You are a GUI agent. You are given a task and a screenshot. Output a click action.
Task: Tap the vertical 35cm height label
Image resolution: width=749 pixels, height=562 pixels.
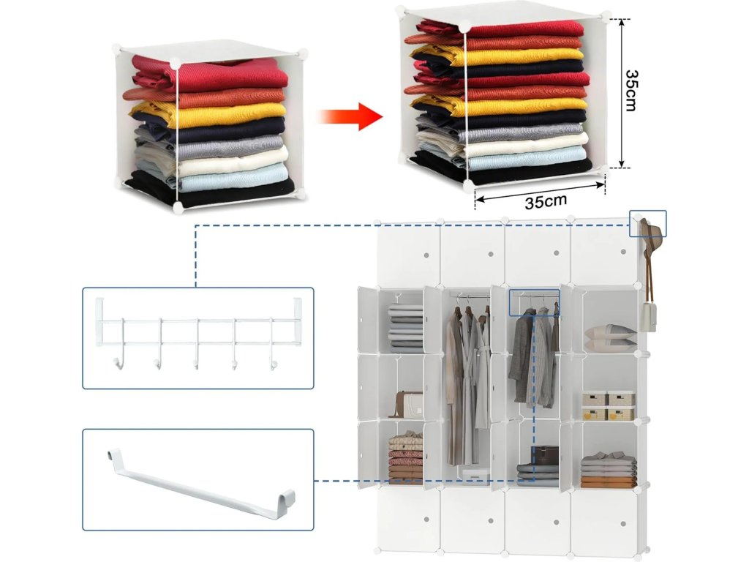point(631,90)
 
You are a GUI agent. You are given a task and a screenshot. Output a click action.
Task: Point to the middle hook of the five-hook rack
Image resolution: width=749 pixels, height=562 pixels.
point(196,360)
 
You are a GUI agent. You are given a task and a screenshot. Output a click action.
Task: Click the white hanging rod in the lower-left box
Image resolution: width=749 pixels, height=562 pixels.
point(197,485)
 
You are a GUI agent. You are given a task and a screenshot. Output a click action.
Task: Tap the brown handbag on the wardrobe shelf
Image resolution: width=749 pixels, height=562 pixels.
point(408,403)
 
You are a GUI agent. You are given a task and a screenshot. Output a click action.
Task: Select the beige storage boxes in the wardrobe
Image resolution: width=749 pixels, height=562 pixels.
point(609,405)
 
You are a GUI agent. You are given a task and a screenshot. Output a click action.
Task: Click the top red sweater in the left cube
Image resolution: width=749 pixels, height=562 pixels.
point(212,75)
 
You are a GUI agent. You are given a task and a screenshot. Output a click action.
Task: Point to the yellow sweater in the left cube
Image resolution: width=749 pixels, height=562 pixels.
point(212,115)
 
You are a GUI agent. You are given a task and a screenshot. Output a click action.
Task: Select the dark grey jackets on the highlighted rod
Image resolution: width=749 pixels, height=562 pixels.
point(532,359)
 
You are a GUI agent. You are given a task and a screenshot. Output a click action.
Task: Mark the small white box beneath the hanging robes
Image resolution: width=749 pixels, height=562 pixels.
point(476,477)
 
